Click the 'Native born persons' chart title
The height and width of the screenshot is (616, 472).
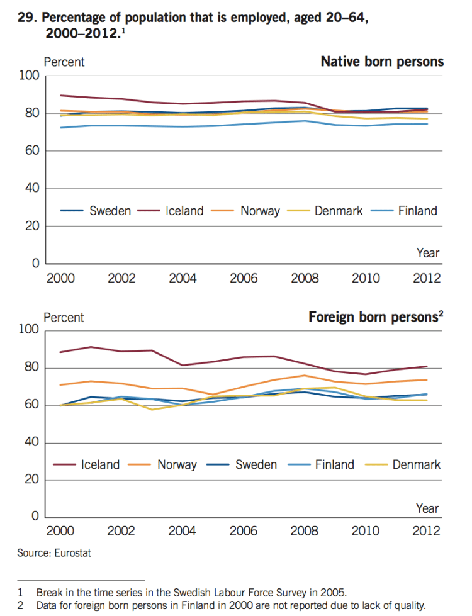(x=382, y=62)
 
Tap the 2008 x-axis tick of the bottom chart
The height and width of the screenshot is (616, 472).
(x=305, y=531)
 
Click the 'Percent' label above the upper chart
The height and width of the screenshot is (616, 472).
(x=64, y=62)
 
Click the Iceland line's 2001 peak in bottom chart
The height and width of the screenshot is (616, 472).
(x=91, y=347)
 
